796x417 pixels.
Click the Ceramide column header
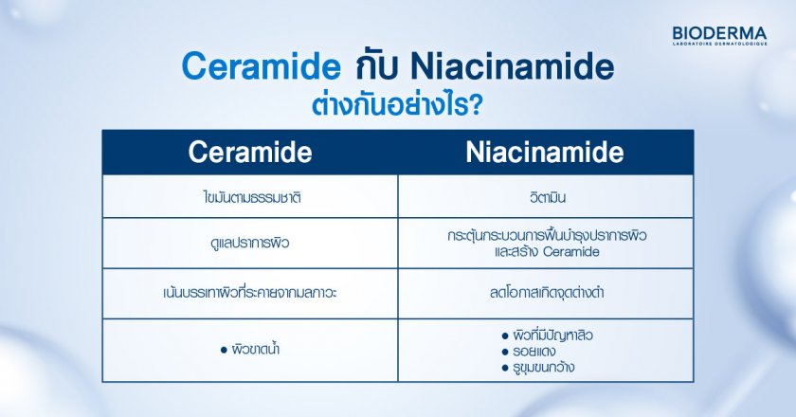click(x=250, y=153)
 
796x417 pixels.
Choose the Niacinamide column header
click(x=544, y=153)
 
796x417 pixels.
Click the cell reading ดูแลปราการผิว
click(x=250, y=243)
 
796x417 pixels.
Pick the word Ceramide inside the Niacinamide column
click(x=571, y=251)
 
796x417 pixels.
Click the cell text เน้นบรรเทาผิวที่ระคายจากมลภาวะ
click(x=250, y=293)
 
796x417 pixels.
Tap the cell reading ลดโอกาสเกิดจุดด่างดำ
click(x=545, y=293)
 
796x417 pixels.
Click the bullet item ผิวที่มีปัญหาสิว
click(x=553, y=335)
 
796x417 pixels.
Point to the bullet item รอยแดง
click(x=534, y=351)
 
